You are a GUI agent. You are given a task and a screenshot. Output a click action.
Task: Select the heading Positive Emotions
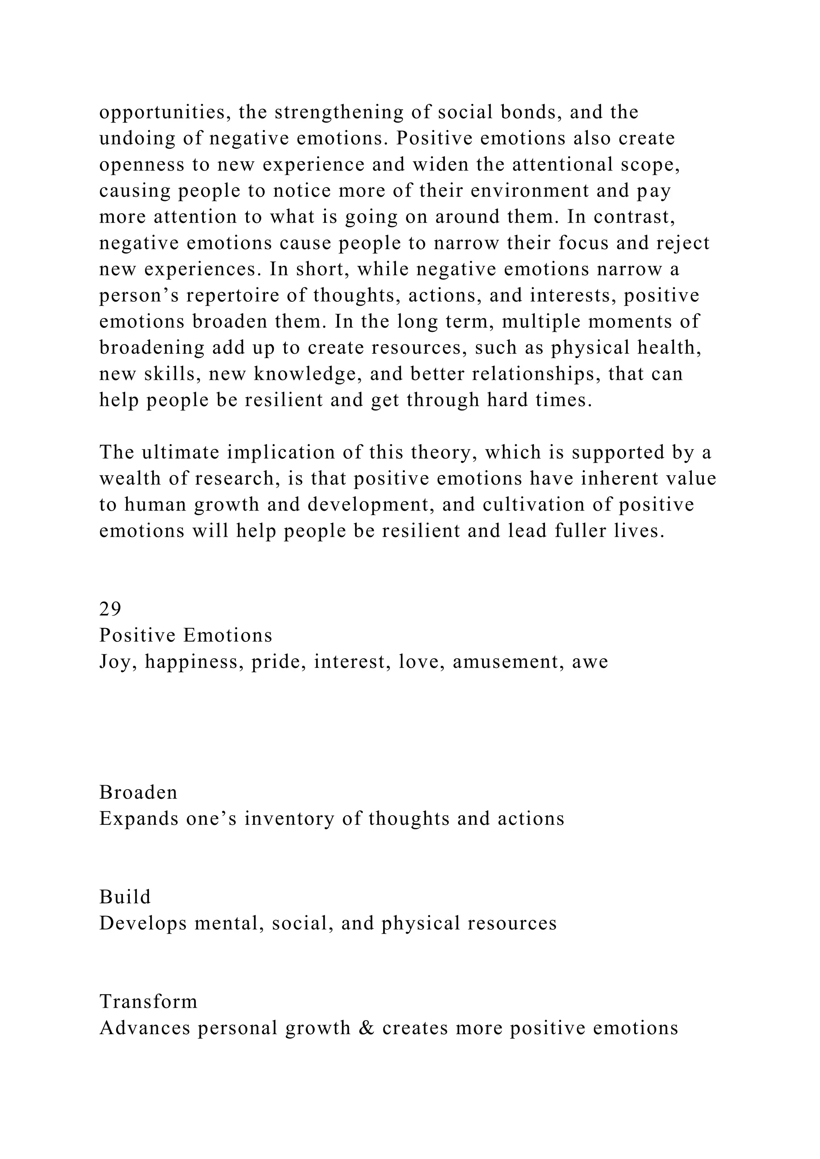point(185,635)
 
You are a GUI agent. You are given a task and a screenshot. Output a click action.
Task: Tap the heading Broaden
point(139,792)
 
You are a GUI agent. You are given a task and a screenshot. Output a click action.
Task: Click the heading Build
point(125,896)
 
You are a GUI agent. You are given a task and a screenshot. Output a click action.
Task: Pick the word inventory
point(289,818)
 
